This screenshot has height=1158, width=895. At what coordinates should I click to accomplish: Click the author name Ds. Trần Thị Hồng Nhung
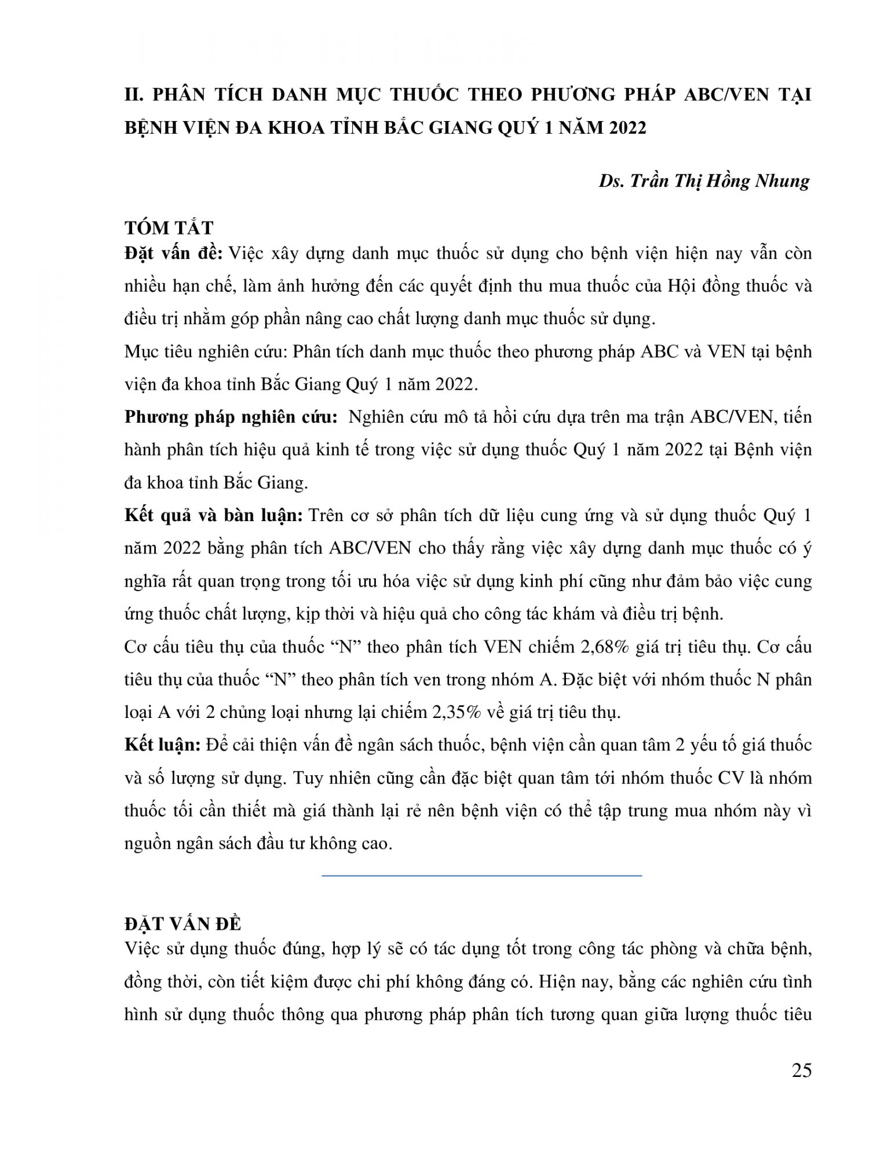click(x=704, y=181)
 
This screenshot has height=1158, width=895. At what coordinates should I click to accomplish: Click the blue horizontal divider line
click(x=481, y=875)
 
